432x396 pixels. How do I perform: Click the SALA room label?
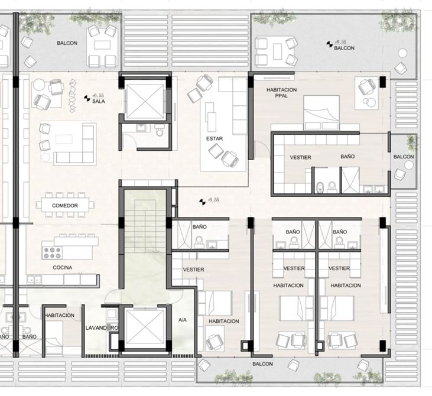pos(98,101)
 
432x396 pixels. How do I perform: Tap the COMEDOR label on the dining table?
pos(65,206)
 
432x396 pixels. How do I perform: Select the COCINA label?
pos(63,267)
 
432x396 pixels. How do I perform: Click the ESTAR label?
pos(215,139)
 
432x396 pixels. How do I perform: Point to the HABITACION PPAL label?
pos(281,93)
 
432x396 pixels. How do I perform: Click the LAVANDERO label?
pos(102,328)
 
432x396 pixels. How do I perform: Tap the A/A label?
pos(183,320)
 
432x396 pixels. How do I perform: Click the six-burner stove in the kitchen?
pos(52,253)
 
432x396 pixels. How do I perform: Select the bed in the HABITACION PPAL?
pos(321,113)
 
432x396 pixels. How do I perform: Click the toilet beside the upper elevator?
pos(159,131)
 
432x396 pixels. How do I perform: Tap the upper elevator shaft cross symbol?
pos(145,102)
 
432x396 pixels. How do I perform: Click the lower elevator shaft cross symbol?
pos(145,328)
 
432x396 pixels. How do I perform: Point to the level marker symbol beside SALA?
pos(87,98)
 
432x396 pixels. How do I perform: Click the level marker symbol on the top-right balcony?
pos(330,44)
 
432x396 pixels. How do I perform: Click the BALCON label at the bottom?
pos(262,363)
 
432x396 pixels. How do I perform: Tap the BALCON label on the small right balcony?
pos(404,157)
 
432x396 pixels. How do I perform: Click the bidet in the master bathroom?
pos(320,187)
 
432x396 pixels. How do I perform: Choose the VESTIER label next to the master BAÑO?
pos(300,157)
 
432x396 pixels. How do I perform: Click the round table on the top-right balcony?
pos(403,53)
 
